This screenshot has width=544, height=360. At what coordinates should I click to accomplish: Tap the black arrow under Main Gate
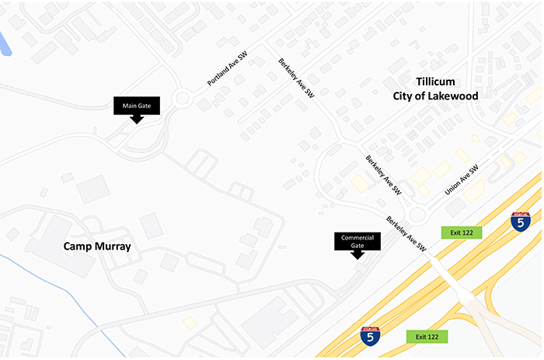pos(136,119)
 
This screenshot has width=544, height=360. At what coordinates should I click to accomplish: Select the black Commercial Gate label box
pos(357,241)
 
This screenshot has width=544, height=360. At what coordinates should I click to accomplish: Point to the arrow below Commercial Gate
pos(357,257)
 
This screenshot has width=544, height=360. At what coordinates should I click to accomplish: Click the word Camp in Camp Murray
pos(80,247)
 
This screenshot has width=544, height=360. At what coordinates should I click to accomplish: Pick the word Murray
pos(113,247)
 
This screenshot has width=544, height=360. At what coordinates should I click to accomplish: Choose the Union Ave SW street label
pos(462,180)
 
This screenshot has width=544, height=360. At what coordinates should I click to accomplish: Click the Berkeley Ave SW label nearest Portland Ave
pos(296,79)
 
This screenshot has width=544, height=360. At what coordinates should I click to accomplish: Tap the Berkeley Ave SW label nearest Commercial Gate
pos(406,232)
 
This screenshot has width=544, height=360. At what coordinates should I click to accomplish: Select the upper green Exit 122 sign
pos(462,232)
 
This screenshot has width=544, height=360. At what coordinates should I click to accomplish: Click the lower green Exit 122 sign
pos(427,337)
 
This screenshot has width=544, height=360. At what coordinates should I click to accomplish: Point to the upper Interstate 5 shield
pos(521,221)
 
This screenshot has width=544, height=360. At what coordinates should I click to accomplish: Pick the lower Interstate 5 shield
pos(371,336)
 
